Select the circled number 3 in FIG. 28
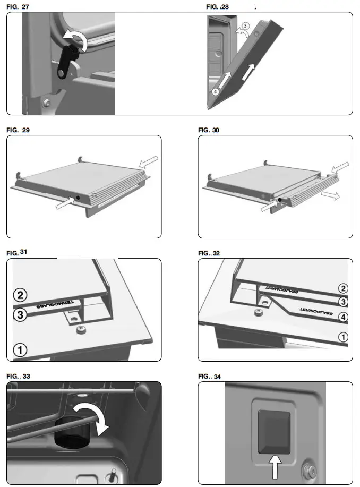pyautogui.click(x=245, y=26)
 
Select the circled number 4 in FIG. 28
pyautogui.click(x=215, y=91)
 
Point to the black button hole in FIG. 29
pyautogui.click(x=78, y=196)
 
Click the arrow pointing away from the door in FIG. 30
pyautogui.click(x=332, y=196)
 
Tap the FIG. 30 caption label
pyautogui.click(x=209, y=130)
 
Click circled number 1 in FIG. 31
pyautogui.click(x=20, y=350)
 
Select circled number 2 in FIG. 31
pyautogui.click(x=20, y=295)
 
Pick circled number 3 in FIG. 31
pyautogui.click(x=20, y=315)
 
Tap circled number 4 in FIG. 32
pyautogui.click(x=343, y=318)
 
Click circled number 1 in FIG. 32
pyautogui.click(x=343, y=337)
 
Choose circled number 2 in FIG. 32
pyautogui.click(x=343, y=288)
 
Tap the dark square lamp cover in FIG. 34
pyautogui.click(x=273, y=432)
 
